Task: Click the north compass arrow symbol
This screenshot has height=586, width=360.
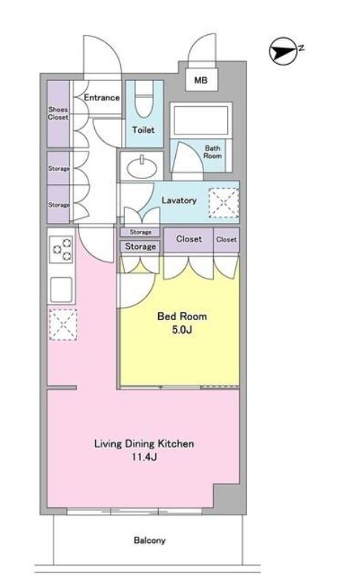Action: [284, 51]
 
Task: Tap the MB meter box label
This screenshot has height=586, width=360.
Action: [201, 80]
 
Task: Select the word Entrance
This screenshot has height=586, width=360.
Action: [102, 97]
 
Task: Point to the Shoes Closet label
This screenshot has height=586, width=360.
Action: [58, 113]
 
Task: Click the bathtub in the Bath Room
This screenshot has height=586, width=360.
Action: [201, 120]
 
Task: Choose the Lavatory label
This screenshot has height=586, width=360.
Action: [179, 201]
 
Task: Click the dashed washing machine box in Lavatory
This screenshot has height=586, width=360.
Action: [223, 203]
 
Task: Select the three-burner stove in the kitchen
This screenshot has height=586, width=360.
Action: [62, 249]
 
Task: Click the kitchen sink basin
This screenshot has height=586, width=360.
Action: [61, 289]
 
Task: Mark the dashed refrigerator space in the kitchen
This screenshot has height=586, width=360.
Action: [63, 325]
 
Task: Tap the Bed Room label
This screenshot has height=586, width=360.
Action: [182, 316]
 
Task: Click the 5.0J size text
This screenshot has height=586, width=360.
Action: [182, 330]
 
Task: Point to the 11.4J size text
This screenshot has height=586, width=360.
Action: [144, 457]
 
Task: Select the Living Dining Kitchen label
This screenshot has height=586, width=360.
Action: [144, 443]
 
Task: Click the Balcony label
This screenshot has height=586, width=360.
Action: [149, 541]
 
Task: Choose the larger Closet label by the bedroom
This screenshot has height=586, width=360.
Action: [189, 239]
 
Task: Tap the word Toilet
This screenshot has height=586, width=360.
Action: [143, 130]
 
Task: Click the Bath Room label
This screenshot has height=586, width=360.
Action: [212, 152]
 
